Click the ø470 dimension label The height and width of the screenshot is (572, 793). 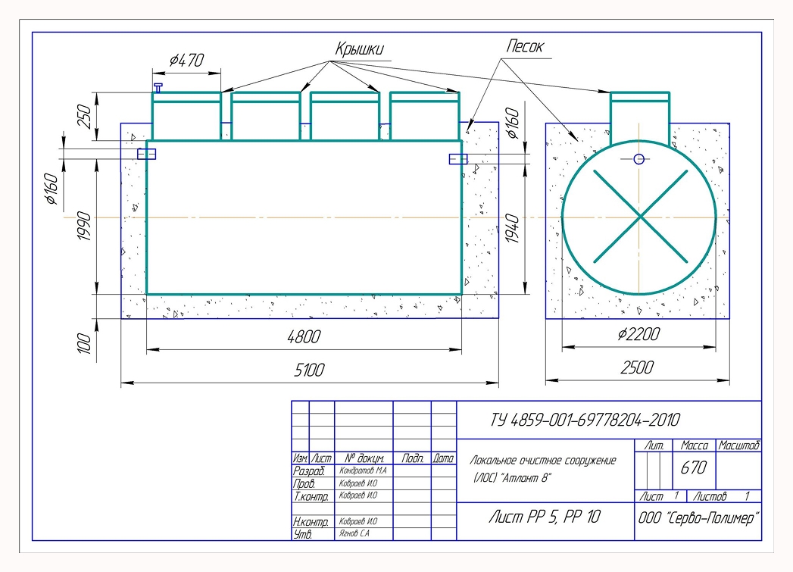186,60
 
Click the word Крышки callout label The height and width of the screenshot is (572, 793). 359,48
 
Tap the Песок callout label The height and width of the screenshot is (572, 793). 524,46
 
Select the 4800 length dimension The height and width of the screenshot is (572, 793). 304,336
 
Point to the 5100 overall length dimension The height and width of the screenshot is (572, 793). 309,370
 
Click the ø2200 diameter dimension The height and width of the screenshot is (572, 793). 638,334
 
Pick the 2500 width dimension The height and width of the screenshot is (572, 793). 637,367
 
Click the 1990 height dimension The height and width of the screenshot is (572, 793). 85,226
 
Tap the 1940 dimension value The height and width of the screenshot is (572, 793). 512,229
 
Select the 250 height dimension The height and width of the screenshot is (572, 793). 84,117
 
